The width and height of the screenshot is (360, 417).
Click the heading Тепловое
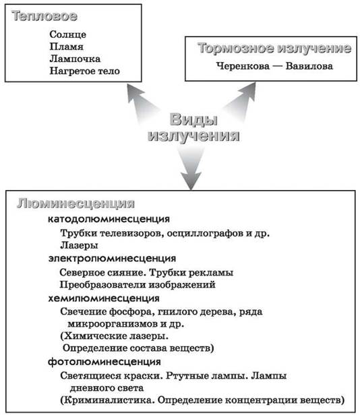pyautogui.click(x=44, y=16)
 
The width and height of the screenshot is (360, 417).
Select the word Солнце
pyautogui.click(x=68, y=34)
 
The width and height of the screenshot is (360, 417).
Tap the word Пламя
pyautogui.click(x=66, y=46)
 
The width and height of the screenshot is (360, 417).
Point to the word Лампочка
pyautogui.click(x=75, y=59)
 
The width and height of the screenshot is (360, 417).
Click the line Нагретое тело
pyautogui.click(x=85, y=71)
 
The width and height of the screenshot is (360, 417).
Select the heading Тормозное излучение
pyautogui.click(x=274, y=49)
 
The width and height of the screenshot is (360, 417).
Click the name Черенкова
pyautogui.click(x=243, y=66)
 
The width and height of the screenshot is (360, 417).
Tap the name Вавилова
pyautogui.click(x=309, y=66)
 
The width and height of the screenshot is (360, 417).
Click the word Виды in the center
pyautogui.click(x=193, y=120)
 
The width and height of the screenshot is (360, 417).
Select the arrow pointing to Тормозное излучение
pyautogui.click(x=241, y=102)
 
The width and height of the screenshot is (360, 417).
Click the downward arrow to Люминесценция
pyautogui.click(x=191, y=168)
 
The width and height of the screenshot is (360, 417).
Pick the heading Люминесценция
pyautogui.click(x=76, y=204)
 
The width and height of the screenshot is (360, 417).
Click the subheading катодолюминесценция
pyautogui.click(x=109, y=219)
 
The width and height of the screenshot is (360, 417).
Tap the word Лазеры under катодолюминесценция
pyautogui.click(x=79, y=245)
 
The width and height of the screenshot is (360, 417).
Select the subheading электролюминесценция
pyautogui.click(x=112, y=259)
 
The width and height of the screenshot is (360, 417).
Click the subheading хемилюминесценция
pyautogui.click(x=104, y=298)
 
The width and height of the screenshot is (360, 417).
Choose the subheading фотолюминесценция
pyautogui.click(x=104, y=362)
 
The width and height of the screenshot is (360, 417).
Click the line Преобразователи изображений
pyautogui.click(x=138, y=285)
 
